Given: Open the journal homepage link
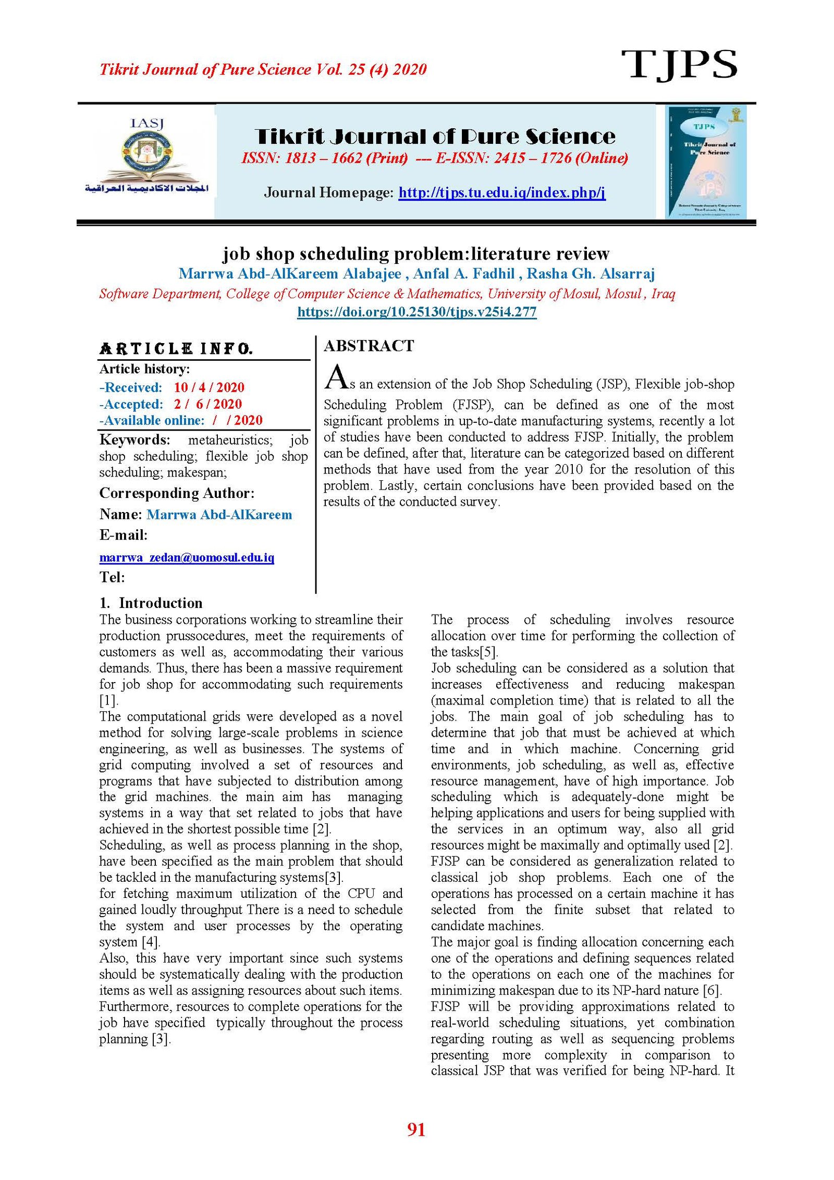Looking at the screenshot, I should (501, 193).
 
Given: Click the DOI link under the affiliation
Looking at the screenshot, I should (416, 312).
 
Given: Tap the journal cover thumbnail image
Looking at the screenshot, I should (706, 162).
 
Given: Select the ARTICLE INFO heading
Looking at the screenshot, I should (176, 349).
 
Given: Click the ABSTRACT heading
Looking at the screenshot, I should (369, 346).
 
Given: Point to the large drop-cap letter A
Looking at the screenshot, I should (336, 377).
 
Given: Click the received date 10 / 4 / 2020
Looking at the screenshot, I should (209, 387).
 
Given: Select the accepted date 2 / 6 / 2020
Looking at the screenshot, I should (208, 404).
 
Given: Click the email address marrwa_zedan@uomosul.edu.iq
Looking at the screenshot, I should (187, 557).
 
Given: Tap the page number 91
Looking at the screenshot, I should (416, 1129).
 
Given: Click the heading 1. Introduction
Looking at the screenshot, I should (151, 603).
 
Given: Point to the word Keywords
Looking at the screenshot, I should (134, 440).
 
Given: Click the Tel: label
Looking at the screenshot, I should (112, 577).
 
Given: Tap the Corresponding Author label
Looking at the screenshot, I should (177, 493).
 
